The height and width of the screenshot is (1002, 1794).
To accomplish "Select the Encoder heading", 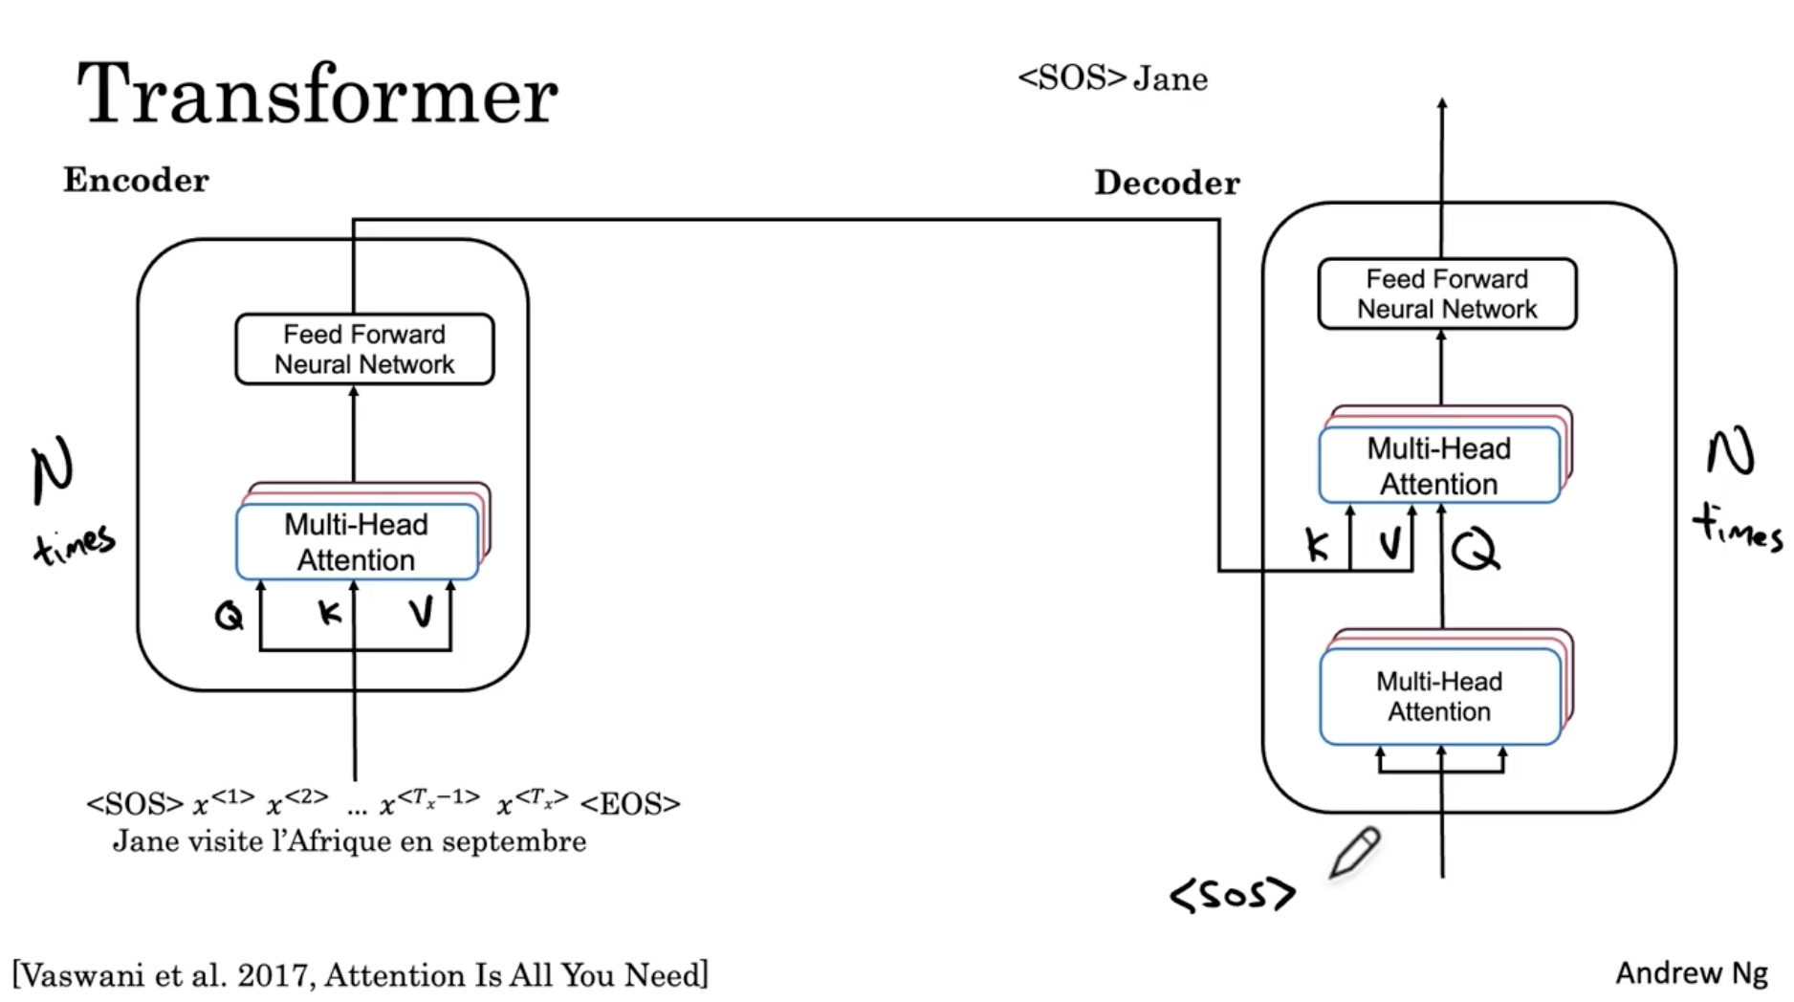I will (x=136, y=180).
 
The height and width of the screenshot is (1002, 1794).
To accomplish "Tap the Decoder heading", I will (x=1167, y=183).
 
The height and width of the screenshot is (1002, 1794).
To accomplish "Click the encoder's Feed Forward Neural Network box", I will (x=364, y=349).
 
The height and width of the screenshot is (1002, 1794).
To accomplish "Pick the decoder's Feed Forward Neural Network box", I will (x=1447, y=294).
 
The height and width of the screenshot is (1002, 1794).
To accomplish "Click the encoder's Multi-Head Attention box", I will (x=357, y=542).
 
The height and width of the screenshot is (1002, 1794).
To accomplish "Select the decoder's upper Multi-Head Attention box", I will (x=1439, y=466).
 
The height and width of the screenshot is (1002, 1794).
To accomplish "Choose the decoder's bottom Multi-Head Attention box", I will (x=1439, y=696).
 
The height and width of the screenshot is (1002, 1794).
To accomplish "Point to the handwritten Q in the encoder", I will (x=229, y=615).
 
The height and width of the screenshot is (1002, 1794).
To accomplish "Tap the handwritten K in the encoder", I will (x=329, y=612).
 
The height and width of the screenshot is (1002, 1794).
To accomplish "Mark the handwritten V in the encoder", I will (x=421, y=612).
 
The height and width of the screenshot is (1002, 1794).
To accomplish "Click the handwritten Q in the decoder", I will (x=1475, y=550).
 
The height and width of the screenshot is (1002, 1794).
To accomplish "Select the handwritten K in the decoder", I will (x=1317, y=545).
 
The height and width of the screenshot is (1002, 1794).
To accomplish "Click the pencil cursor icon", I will (x=1355, y=852).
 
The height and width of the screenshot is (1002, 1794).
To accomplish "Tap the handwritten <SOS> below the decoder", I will (x=1232, y=895).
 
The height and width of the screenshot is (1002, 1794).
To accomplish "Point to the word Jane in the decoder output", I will (x=1170, y=78).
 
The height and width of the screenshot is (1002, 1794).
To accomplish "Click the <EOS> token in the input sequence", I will (x=630, y=804).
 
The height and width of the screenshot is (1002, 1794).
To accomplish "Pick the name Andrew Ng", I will (x=1691, y=972).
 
